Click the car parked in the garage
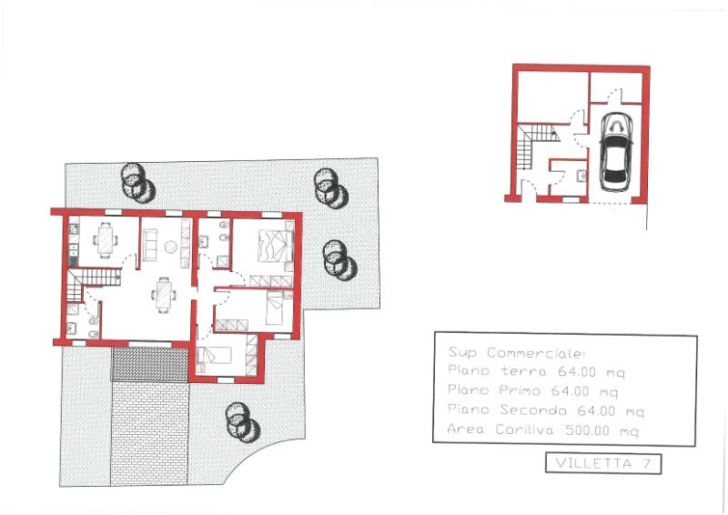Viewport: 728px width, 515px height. pyautogui.click(x=616, y=152)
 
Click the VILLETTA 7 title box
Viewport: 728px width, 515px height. pyautogui.click(x=603, y=463)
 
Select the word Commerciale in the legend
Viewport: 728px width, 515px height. pyautogui.click(x=536, y=353)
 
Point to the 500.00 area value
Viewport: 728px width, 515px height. pyautogui.click(x=587, y=430)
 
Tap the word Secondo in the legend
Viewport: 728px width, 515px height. pyautogui.click(x=533, y=410)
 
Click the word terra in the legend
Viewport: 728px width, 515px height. pyautogui.click(x=524, y=371)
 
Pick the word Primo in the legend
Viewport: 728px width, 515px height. pyautogui.click(x=520, y=390)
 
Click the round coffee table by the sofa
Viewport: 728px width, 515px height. pyautogui.click(x=171, y=247)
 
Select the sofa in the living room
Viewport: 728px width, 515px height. pyautogui.click(x=150, y=245)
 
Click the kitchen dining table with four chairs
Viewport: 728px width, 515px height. pyautogui.click(x=106, y=240)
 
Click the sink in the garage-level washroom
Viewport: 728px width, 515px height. pyautogui.click(x=581, y=176)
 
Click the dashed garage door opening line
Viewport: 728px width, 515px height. pyautogui.click(x=610, y=203)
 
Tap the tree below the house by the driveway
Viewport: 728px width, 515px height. pyautogui.click(x=241, y=422)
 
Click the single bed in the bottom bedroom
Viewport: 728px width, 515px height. pyautogui.click(x=214, y=355)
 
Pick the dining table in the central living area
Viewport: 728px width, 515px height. pyautogui.click(x=164, y=295)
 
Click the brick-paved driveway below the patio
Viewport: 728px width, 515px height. pyautogui.click(x=149, y=433)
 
